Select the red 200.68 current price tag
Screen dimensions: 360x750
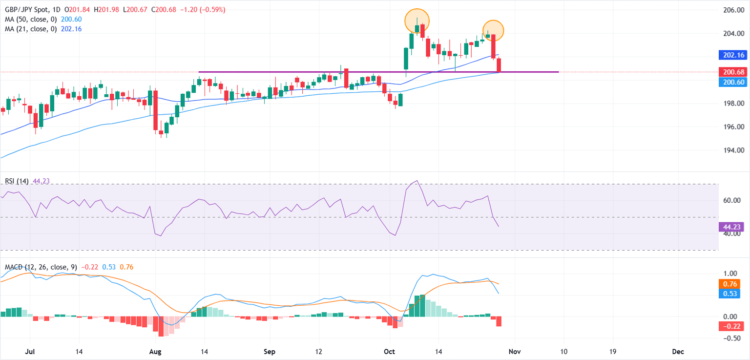[733, 72]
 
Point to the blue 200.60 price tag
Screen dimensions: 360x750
[733, 82]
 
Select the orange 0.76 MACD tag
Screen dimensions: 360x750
[730, 284]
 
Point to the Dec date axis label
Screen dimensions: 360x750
[677, 352]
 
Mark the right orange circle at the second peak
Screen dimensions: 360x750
[493, 30]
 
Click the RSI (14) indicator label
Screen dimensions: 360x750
[17, 181]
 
